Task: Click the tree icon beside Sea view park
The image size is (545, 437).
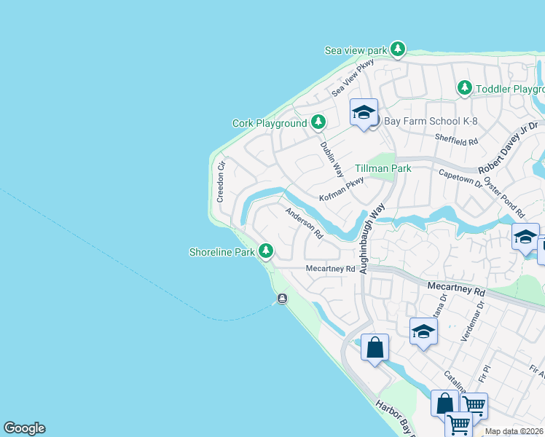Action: click(397, 50)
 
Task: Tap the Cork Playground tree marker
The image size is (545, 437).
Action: click(318, 122)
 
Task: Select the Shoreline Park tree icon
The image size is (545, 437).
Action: click(266, 251)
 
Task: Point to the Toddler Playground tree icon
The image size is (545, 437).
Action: click(464, 88)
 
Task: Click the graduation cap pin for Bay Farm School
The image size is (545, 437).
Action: click(364, 113)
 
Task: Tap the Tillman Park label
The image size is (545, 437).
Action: click(383, 168)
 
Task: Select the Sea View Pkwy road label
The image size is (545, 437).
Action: click(353, 79)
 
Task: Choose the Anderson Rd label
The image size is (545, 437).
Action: click(304, 224)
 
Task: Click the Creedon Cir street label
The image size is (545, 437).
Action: click(221, 182)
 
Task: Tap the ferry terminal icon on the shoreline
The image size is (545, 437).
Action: click(282, 299)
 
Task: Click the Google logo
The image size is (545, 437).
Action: click(24, 428)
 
